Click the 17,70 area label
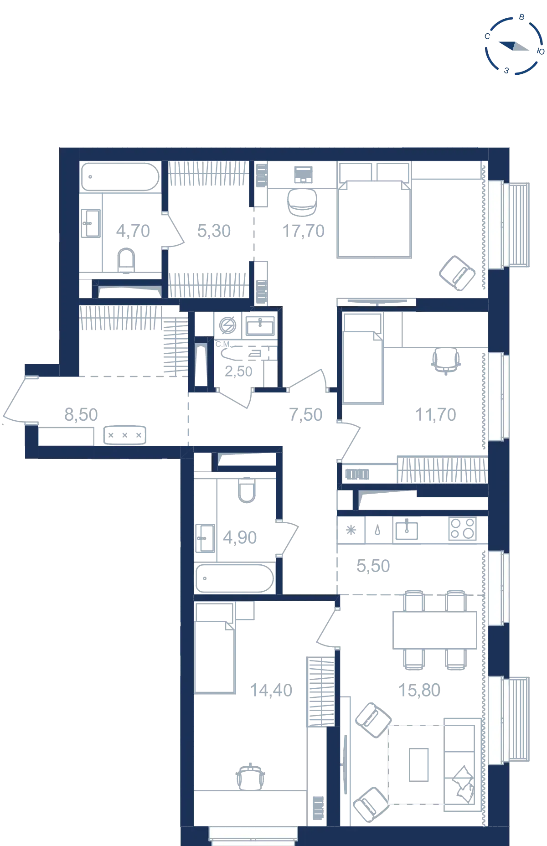point(304,231)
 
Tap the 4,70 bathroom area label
point(133,231)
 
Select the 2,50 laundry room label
point(238,371)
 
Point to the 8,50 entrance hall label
point(81,415)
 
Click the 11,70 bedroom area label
point(436,415)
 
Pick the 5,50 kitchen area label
point(373,566)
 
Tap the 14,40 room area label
point(271,691)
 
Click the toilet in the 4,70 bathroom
point(126,260)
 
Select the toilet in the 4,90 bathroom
point(247,490)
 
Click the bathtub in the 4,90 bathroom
point(235,578)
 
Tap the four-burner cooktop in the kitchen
point(463,529)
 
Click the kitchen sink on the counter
point(407,530)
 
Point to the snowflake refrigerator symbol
point(351,530)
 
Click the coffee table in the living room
point(418,765)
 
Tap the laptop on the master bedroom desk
point(303,174)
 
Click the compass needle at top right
point(514,46)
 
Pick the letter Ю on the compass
point(541,52)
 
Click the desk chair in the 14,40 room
point(250,777)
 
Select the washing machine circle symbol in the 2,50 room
point(227,326)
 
